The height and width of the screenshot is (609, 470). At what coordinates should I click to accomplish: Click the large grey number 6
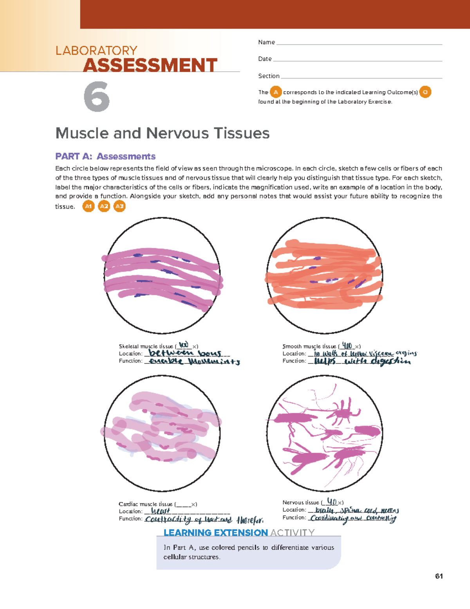click(x=96, y=96)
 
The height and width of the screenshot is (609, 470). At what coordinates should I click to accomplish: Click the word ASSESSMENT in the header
click(x=150, y=65)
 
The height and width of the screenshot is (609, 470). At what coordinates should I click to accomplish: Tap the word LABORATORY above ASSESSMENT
click(x=96, y=51)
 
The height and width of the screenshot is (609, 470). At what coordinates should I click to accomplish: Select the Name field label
click(x=266, y=42)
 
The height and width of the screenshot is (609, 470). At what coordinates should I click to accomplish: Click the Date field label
click(x=265, y=59)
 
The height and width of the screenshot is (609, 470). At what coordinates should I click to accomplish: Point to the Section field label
click(x=269, y=76)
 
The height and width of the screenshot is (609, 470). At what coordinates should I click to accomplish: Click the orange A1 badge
click(x=89, y=206)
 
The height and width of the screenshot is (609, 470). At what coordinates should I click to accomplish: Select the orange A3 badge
click(x=119, y=206)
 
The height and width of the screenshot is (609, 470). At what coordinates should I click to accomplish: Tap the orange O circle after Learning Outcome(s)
click(x=425, y=92)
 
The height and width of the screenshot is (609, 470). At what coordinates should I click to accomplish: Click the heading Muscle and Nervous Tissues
click(x=162, y=133)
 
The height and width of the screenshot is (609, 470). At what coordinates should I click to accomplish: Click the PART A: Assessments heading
click(x=105, y=156)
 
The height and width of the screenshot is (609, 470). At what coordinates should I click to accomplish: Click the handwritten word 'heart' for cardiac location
click(x=161, y=511)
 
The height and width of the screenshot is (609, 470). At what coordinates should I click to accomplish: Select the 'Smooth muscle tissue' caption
click(x=309, y=346)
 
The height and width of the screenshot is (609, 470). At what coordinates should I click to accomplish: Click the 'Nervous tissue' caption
click(x=301, y=502)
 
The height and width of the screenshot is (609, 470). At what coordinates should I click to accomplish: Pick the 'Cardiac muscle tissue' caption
click(x=145, y=504)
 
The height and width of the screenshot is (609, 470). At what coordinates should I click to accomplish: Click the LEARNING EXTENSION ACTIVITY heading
click(x=239, y=533)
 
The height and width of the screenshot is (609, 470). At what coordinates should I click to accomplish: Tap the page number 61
click(x=439, y=576)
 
